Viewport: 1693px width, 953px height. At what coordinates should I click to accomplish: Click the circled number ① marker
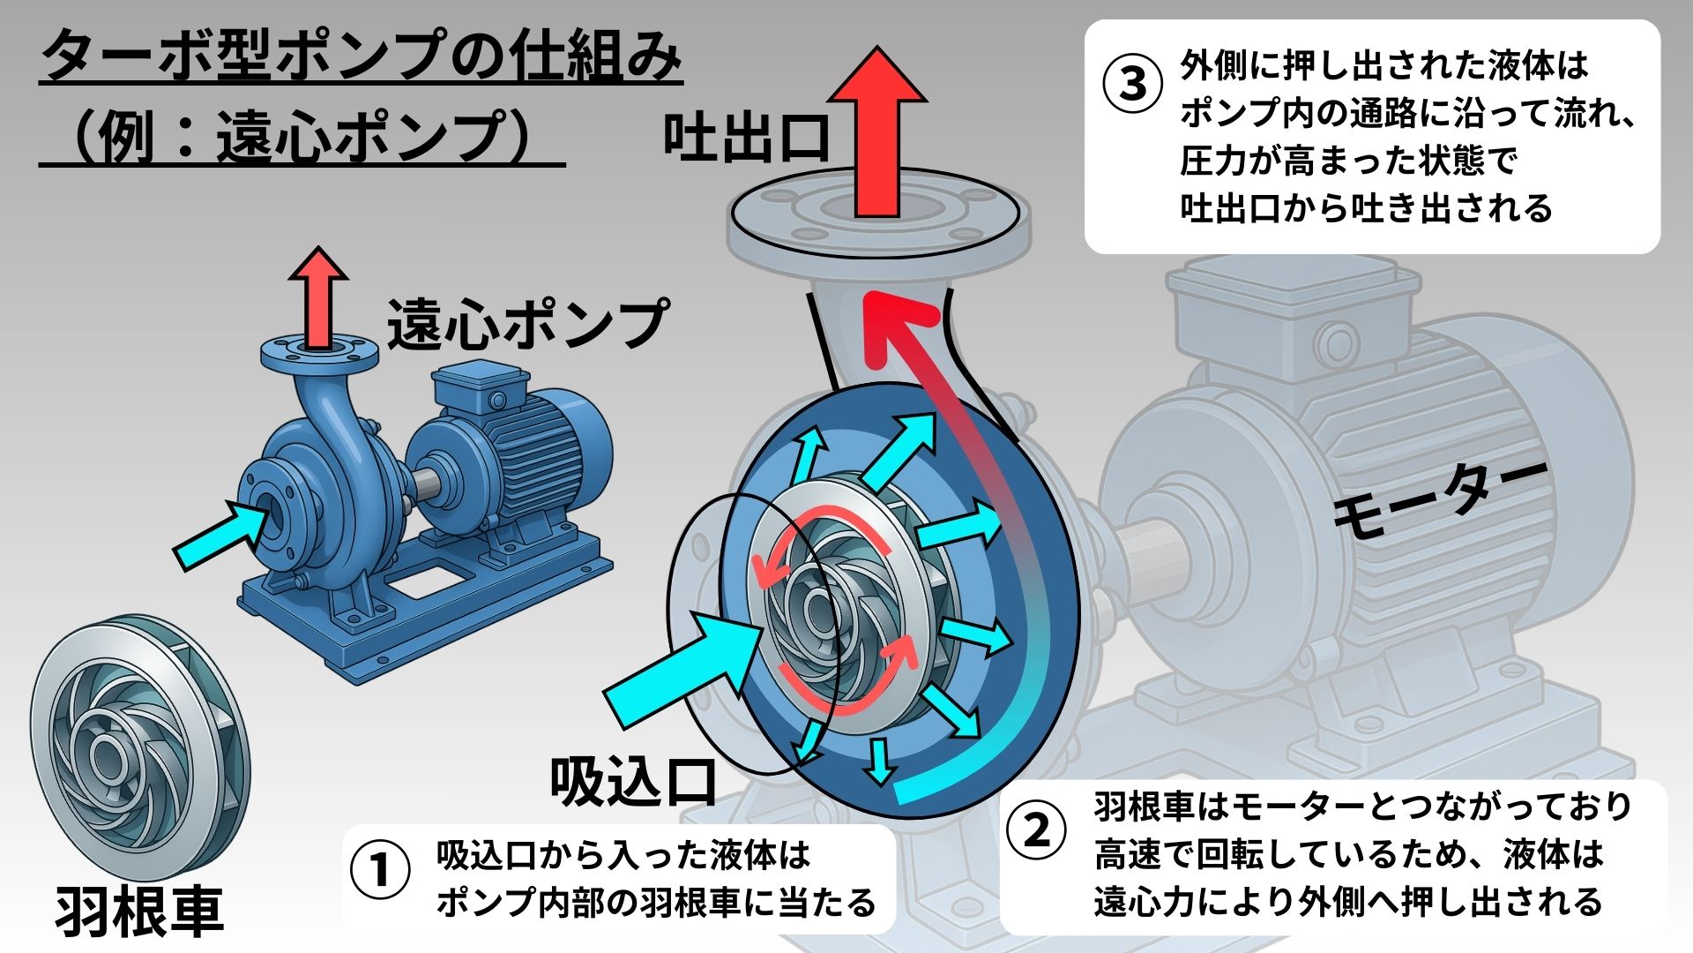click(380, 871)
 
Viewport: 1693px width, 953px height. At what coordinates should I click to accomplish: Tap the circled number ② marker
click(1036, 830)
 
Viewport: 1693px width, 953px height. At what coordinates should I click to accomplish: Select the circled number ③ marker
click(1133, 86)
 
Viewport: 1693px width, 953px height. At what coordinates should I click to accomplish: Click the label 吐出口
click(747, 139)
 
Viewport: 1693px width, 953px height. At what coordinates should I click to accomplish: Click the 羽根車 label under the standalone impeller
click(139, 911)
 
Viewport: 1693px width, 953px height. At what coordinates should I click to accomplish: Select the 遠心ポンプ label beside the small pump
click(527, 324)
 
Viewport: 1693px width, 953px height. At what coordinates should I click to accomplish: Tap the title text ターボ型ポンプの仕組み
click(362, 57)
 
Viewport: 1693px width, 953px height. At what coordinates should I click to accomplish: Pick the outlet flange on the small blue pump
click(319, 354)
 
